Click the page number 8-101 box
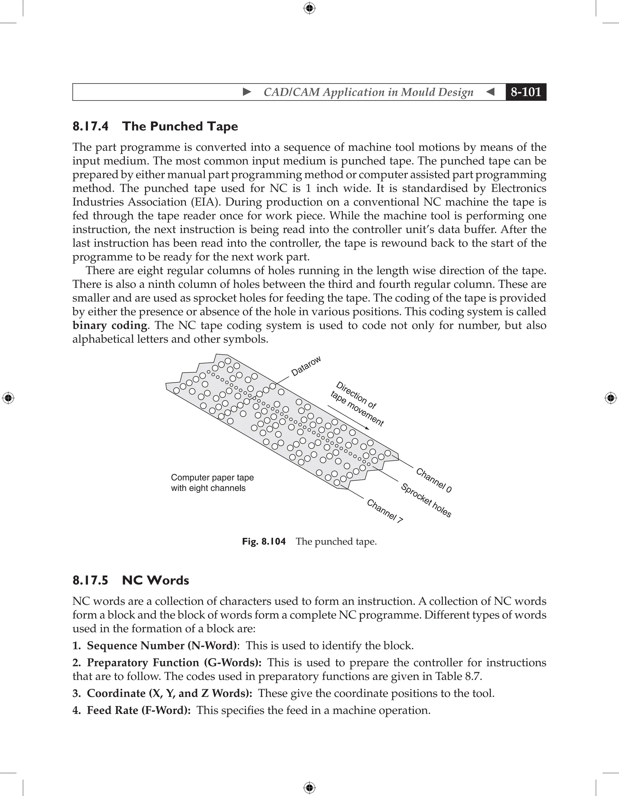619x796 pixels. [x=526, y=92]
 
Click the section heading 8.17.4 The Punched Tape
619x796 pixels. [x=155, y=126]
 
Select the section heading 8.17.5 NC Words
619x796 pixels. [x=131, y=580]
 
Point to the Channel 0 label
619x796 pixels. [x=434, y=480]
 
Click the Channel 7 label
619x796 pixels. [x=384, y=511]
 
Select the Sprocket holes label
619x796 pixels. [x=426, y=500]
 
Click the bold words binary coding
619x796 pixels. [x=110, y=325]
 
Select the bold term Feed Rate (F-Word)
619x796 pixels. [x=139, y=710]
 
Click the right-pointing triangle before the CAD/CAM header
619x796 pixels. [x=247, y=92]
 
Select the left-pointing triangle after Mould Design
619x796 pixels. [x=490, y=92]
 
